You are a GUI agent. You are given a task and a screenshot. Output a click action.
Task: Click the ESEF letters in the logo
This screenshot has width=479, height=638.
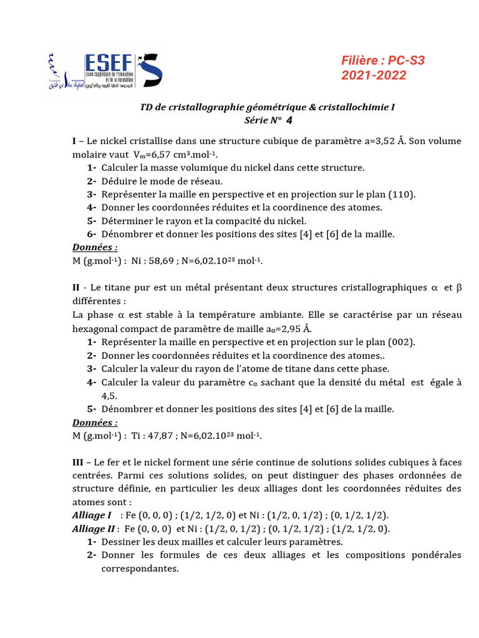(109, 64)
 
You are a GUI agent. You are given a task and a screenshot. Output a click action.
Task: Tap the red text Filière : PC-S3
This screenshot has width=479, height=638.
(383, 60)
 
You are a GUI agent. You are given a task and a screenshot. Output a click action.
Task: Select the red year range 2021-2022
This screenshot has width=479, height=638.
(374, 75)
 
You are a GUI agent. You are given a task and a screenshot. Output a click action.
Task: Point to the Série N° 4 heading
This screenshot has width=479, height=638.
(268, 120)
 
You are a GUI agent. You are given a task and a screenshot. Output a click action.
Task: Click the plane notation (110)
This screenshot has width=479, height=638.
(402, 194)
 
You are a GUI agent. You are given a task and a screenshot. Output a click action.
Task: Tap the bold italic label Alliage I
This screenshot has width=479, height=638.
(92, 515)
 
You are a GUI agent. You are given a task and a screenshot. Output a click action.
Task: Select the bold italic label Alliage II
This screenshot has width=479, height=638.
(94, 528)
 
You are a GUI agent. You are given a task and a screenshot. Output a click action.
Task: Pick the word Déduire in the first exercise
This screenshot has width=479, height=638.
(120, 181)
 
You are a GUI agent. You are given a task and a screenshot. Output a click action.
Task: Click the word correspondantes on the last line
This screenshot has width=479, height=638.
(140, 568)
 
